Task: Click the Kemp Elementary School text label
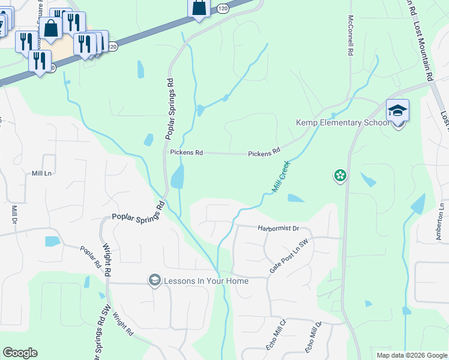(343, 123)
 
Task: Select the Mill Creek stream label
(280, 176)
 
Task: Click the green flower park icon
(340, 175)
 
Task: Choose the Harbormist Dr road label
(278, 229)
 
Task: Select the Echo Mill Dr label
(314, 337)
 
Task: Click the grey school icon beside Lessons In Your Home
(155, 280)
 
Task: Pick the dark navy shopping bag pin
(199, 8)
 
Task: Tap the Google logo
(20, 353)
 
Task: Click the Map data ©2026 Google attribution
(411, 355)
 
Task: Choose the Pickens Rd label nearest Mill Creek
(265, 153)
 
